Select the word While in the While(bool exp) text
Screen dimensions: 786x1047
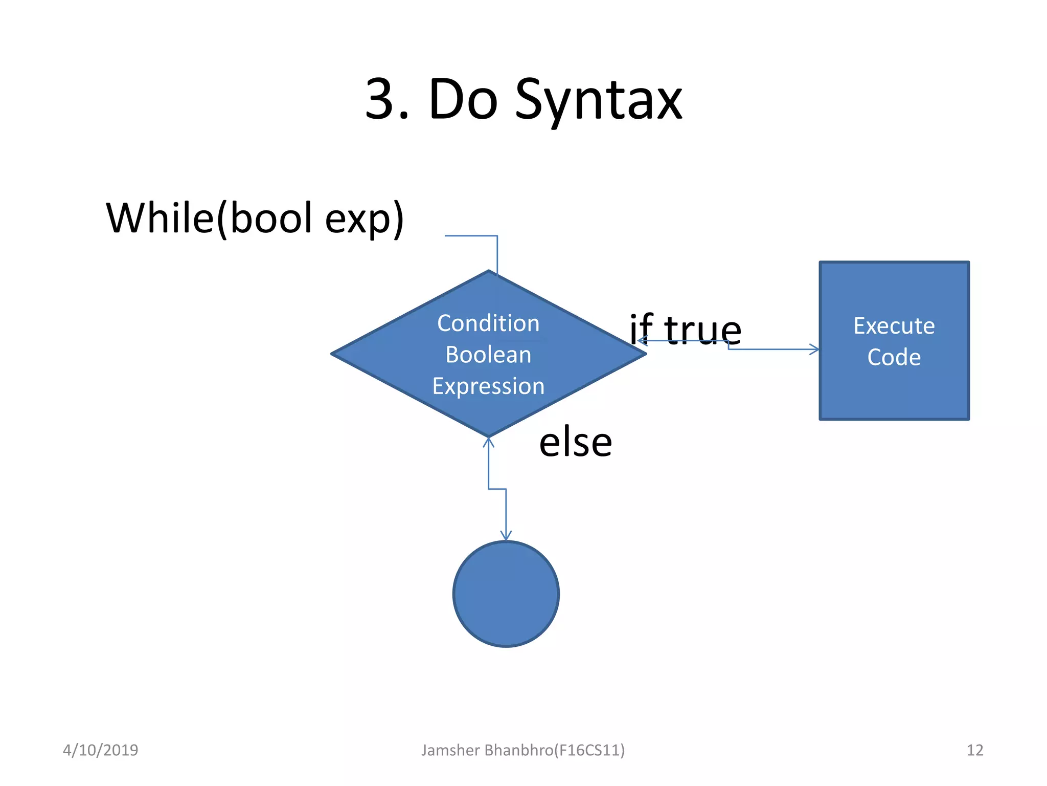click(x=160, y=218)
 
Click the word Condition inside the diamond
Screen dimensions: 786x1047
click(x=488, y=323)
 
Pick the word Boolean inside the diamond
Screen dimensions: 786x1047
click(x=488, y=355)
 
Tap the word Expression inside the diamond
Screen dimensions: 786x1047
click(x=488, y=386)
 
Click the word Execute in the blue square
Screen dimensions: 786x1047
click(x=894, y=326)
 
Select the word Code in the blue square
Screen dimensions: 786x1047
click(x=894, y=357)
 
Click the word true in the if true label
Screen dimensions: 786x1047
click(x=702, y=330)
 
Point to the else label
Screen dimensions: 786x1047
click(x=575, y=443)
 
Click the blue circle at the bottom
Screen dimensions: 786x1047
click(x=506, y=594)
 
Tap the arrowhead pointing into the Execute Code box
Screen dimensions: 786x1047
click(x=814, y=350)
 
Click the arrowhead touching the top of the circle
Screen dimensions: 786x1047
click(x=506, y=536)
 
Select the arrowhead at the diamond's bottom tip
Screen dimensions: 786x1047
click(x=488, y=443)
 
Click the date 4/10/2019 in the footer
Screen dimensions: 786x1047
click(x=100, y=750)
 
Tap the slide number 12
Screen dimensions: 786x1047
click(x=974, y=750)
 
